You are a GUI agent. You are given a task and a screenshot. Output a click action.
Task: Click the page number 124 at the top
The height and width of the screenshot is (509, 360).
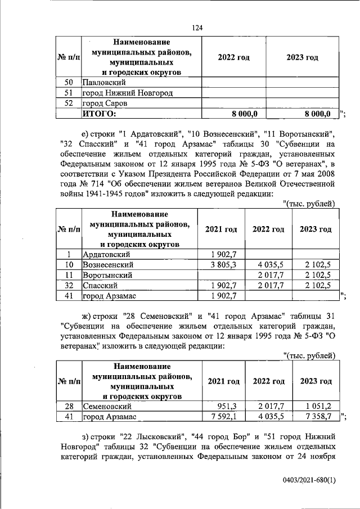tap(196, 28)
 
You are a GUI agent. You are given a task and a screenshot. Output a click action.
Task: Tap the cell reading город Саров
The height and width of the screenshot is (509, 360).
tap(104, 103)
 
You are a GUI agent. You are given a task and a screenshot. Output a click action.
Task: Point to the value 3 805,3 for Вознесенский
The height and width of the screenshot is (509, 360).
tap(223, 264)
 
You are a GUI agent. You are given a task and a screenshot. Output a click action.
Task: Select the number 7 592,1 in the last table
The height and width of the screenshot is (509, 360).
tap(223, 417)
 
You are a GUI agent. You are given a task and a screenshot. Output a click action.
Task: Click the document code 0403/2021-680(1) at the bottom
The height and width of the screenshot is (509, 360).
tap(308, 481)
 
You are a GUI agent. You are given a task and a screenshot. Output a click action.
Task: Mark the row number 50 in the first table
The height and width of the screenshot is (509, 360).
tap(69, 82)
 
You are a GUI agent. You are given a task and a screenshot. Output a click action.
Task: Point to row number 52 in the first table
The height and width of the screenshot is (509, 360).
tap(69, 103)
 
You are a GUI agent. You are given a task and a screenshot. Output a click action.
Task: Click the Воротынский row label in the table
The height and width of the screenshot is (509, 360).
tap(107, 275)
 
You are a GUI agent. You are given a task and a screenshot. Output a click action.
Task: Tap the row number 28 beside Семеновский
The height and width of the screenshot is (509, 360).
tap(69, 406)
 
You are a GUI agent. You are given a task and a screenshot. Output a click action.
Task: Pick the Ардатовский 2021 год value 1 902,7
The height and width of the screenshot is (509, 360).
tap(223, 254)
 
